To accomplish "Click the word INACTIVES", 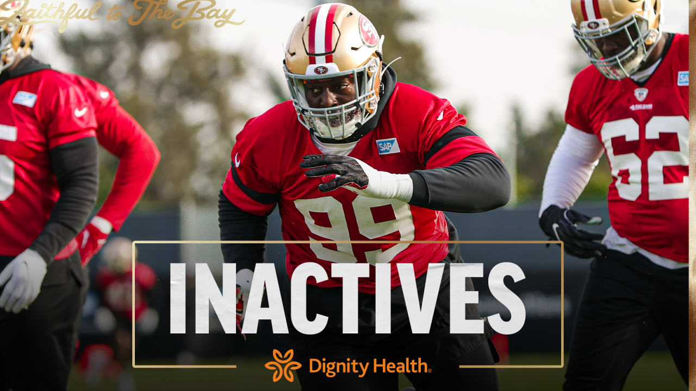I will tap(347, 298).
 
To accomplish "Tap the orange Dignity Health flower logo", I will tap(283, 365).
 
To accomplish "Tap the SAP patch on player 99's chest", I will tap(388, 146).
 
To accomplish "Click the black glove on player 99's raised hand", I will tap(335, 172).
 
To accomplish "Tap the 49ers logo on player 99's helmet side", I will tap(368, 31).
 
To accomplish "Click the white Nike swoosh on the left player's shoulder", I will tap(80, 112).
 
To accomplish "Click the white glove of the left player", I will tap(23, 280).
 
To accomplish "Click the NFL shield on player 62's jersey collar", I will tap(641, 94).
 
